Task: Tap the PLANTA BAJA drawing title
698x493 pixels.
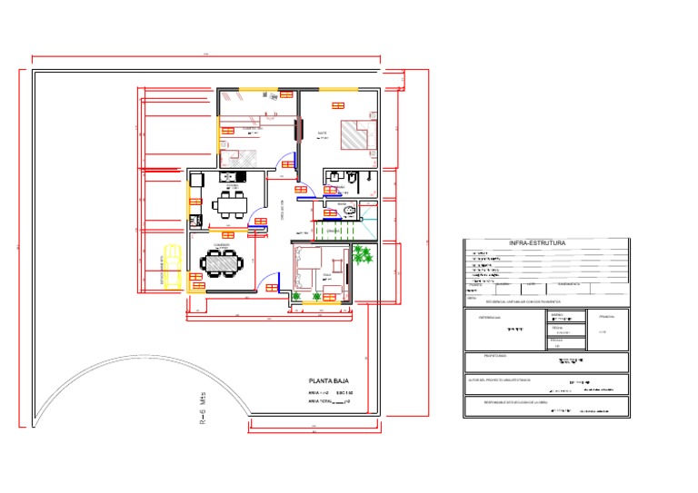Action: click(329, 382)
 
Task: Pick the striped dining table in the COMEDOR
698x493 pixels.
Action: click(221, 263)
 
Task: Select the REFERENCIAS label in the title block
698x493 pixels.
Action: click(480, 318)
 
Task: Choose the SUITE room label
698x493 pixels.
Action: click(322, 133)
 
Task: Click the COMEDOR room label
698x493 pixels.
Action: click(220, 245)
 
